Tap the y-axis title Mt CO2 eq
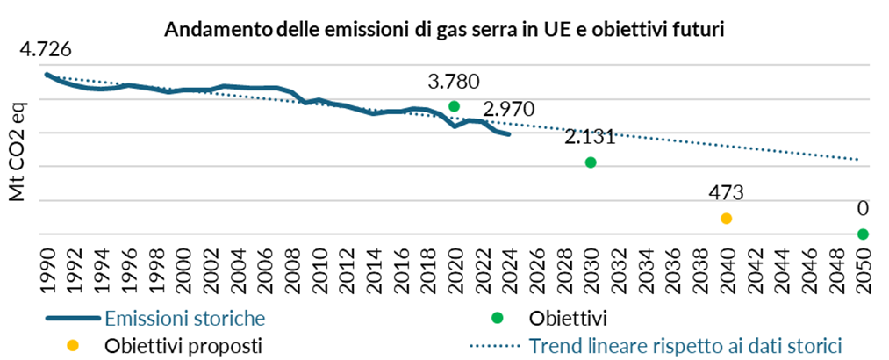coord(18,150)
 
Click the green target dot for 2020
coord(454,106)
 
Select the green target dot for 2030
coord(591,162)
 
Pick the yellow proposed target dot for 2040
coord(726,218)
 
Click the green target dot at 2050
coord(863,234)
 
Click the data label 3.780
coord(454,83)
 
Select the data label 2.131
coord(591,138)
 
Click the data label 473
coord(726,193)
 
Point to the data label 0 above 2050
coord(863,209)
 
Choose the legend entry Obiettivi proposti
coord(183,344)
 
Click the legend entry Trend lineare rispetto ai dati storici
coord(685,344)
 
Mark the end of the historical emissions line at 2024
coord(509,134)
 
